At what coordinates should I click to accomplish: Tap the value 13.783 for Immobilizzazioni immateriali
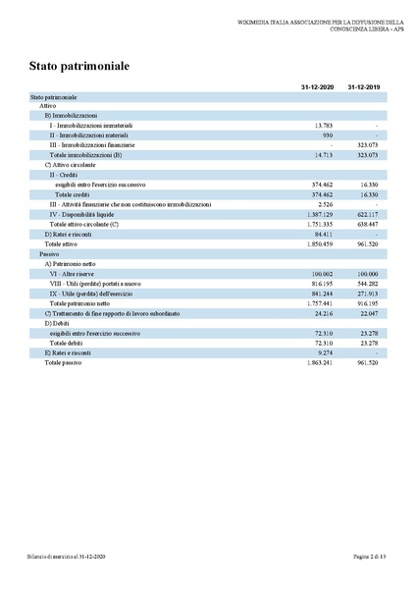pos(324,126)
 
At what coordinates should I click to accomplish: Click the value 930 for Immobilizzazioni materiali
pos(328,135)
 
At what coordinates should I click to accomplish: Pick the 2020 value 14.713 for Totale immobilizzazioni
pos(324,155)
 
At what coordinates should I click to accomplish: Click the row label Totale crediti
pos(73,194)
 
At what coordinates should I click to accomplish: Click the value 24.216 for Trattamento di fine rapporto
pos(324,313)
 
